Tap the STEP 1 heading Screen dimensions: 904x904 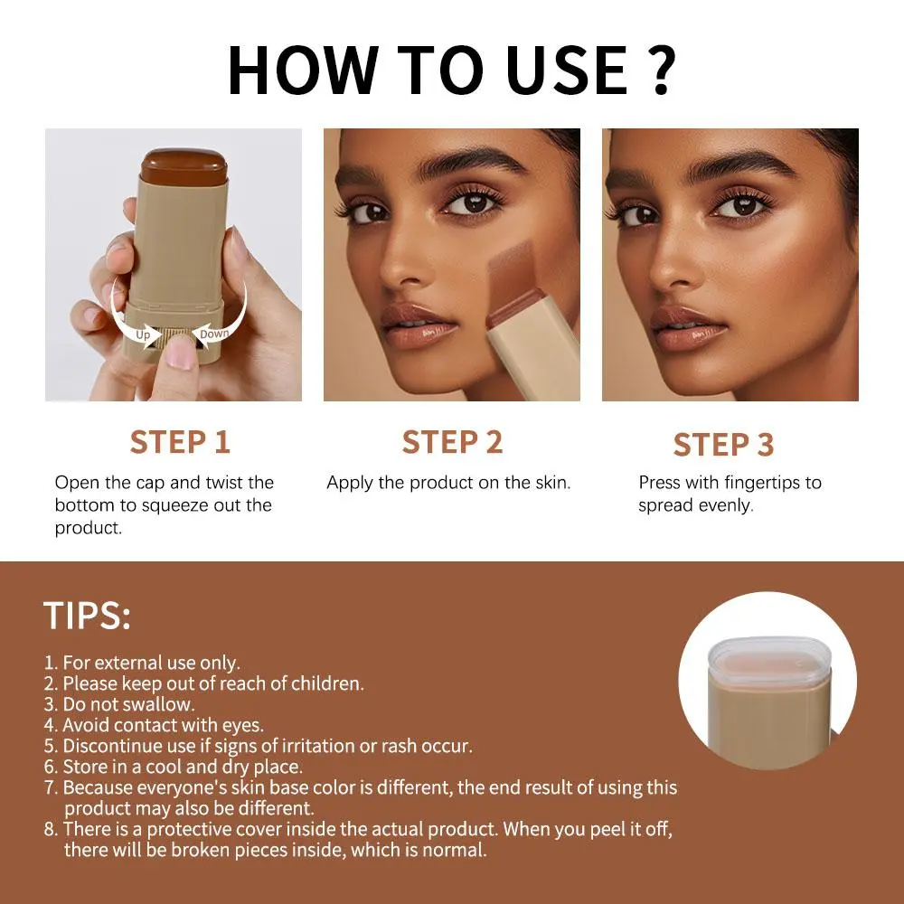(180, 442)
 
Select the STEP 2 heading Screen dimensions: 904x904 (452, 442)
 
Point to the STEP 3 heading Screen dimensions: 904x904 (723, 445)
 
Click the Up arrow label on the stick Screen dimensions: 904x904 (143, 334)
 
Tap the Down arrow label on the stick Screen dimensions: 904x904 (214, 334)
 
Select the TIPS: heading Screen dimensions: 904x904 (87, 615)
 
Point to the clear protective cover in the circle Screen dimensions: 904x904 (768, 662)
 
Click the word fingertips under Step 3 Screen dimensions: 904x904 (760, 483)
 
